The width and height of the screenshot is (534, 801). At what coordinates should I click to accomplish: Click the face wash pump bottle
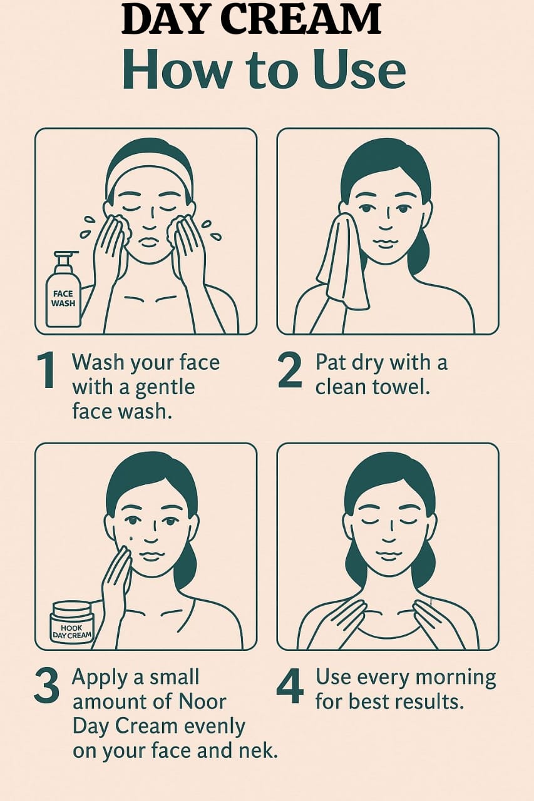63,289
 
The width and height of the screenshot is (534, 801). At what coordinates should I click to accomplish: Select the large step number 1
46,369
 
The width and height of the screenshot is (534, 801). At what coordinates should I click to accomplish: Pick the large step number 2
290,370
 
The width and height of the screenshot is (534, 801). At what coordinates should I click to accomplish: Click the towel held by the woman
342,265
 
